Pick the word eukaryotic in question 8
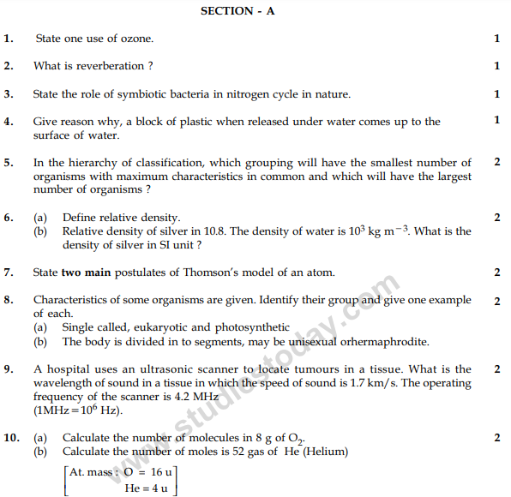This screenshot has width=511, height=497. pyautogui.click(x=161, y=327)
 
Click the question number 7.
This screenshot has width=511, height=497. pyautogui.click(x=8, y=272)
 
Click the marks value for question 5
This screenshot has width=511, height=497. pyautogui.click(x=497, y=162)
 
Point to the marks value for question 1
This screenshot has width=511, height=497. pyautogui.click(x=497, y=39)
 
